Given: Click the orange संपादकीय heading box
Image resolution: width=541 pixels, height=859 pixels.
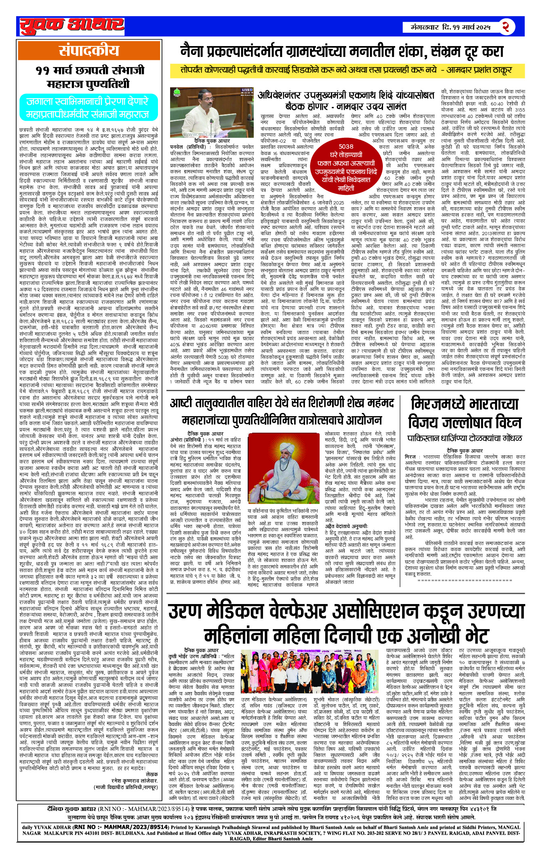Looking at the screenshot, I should [89, 51].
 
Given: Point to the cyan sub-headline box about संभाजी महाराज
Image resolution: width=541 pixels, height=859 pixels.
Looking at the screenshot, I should [88, 108].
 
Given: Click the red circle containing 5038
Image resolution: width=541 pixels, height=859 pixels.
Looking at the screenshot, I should [346, 167].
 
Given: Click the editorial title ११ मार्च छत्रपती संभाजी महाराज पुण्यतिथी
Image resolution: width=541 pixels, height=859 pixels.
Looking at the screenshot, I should [89, 77].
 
